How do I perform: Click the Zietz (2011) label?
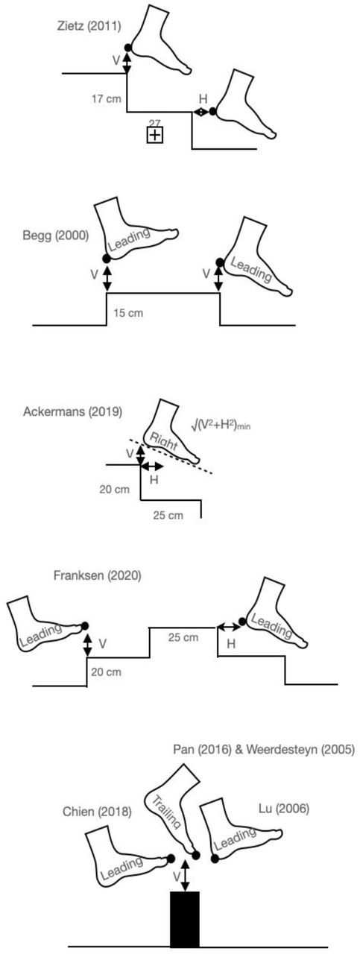tap(89, 26)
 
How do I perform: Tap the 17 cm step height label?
tap(107, 99)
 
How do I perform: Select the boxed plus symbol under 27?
tap(155, 136)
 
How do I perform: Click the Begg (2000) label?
tap(56, 236)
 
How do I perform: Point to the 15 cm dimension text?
tap(128, 313)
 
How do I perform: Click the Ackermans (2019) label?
tap(73, 412)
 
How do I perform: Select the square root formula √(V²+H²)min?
tap(221, 425)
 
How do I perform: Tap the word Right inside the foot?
tap(163, 442)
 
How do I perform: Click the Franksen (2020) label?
tap(97, 575)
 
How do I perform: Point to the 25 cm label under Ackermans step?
tap(168, 515)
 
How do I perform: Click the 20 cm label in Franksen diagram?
tap(106, 672)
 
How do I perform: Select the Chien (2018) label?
tap(97, 812)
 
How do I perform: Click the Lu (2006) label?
tap(284, 809)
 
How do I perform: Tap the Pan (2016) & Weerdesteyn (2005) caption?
tap(264, 749)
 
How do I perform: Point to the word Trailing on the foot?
tap(166, 812)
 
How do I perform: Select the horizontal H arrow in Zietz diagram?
tap(201, 112)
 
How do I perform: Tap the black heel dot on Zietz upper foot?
tap(127, 48)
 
